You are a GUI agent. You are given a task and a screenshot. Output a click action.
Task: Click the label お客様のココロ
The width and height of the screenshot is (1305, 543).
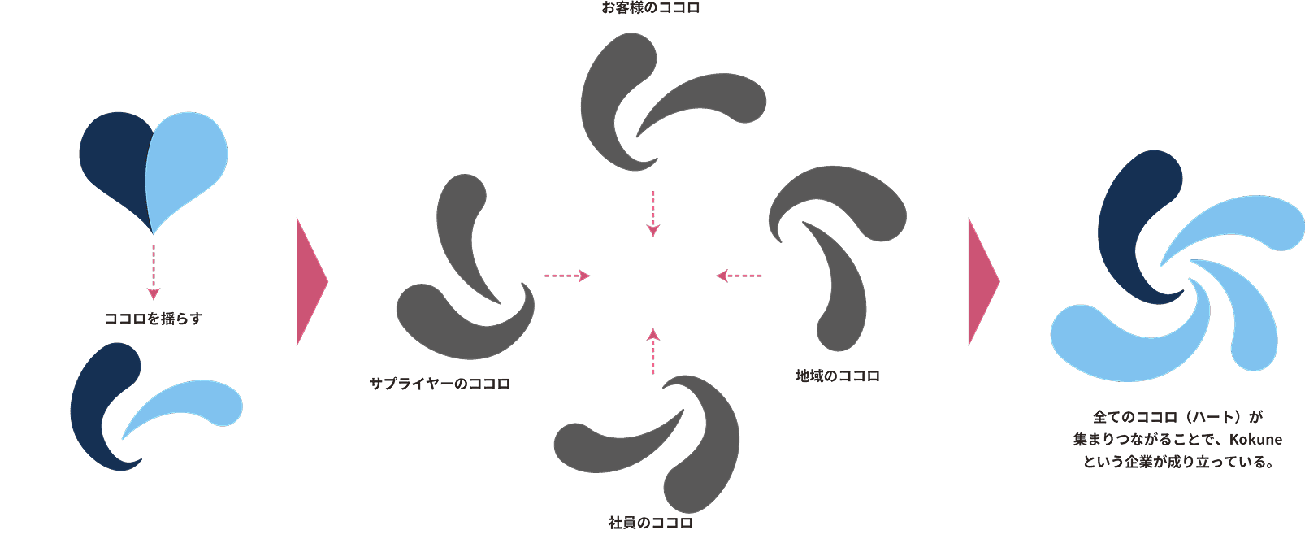pos(651,9)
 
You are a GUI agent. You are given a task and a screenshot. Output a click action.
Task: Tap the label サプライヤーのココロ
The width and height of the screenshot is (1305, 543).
pos(440,384)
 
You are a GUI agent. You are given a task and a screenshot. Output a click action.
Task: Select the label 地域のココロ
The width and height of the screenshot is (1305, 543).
pos(837,376)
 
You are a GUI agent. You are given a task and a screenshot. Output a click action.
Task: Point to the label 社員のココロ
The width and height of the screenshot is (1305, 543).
pos(651,523)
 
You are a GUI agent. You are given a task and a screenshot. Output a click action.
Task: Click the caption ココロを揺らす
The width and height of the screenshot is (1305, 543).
pos(154,319)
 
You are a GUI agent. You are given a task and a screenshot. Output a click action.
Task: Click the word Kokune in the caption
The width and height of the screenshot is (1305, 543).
pos(1255,440)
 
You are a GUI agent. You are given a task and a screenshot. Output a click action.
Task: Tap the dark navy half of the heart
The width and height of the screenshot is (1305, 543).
pos(114,163)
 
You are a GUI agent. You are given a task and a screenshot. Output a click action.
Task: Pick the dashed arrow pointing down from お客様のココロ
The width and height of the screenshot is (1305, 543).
pos(652,214)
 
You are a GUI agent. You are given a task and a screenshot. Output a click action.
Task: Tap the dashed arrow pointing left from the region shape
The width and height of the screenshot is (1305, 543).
pos(739,276)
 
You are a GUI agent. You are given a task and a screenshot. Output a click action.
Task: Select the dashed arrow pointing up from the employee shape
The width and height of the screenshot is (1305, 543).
pos(653,351)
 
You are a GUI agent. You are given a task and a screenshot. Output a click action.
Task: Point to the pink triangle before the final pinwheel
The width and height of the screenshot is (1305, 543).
pos(981,281)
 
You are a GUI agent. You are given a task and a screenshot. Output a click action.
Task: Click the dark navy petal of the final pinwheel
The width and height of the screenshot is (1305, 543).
pos(1134,219)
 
